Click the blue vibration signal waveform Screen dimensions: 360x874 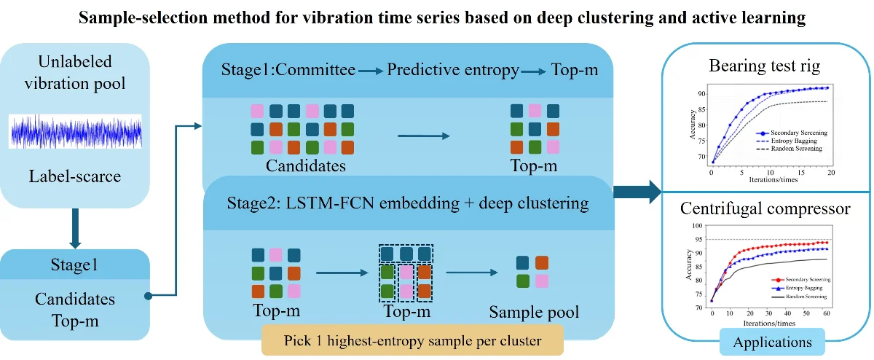click(x=76, y=131)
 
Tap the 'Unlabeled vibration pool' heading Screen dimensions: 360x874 click(x=76, y=73)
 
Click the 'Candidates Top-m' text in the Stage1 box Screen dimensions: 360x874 click(x=76, y=308)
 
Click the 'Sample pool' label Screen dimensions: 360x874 click(x=534, y=313)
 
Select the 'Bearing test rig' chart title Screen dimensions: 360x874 click(x=765, y=67)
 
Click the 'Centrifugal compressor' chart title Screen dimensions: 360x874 click(x=765, y=209)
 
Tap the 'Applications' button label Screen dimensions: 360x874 click(x=772, y=342)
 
